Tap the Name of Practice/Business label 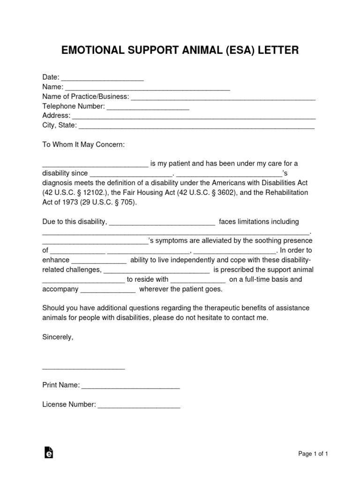(86, 97)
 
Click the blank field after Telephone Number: (148, 107)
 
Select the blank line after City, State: (196, 127)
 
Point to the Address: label (56, 116)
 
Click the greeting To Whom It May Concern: (83, 145)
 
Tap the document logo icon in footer (48, 452)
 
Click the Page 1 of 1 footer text (313, 454)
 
